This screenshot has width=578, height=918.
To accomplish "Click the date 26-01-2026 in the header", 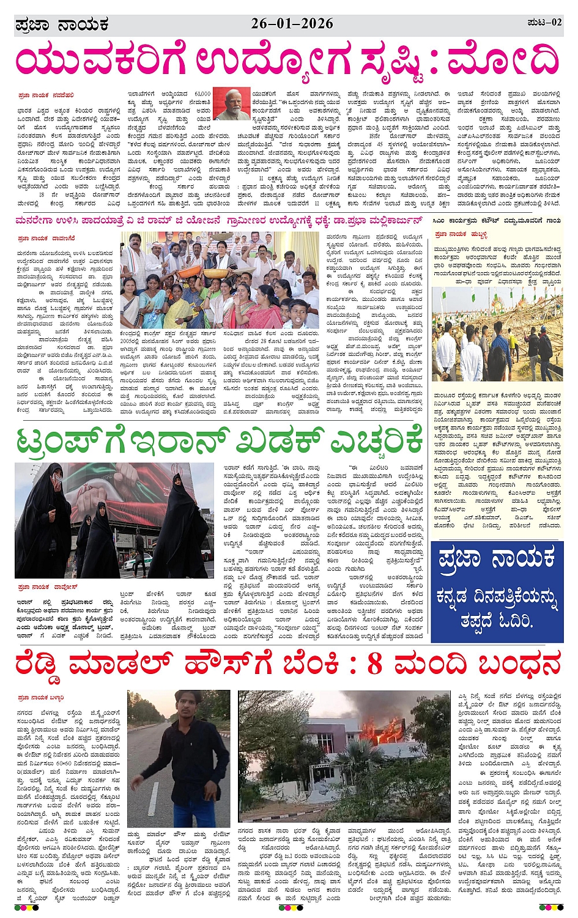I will [x=292, y=23].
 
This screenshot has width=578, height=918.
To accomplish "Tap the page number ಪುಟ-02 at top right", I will [x=544, y=23].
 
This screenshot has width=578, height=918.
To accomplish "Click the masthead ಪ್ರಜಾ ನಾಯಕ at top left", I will [x=62, y=25].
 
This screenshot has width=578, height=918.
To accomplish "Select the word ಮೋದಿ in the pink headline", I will [x=503, y=61].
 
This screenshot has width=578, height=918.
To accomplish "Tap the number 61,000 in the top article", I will [x=202, y=94].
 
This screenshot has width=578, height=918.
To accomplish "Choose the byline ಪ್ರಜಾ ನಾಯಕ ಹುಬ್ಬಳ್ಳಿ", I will [x=461, y=234].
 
